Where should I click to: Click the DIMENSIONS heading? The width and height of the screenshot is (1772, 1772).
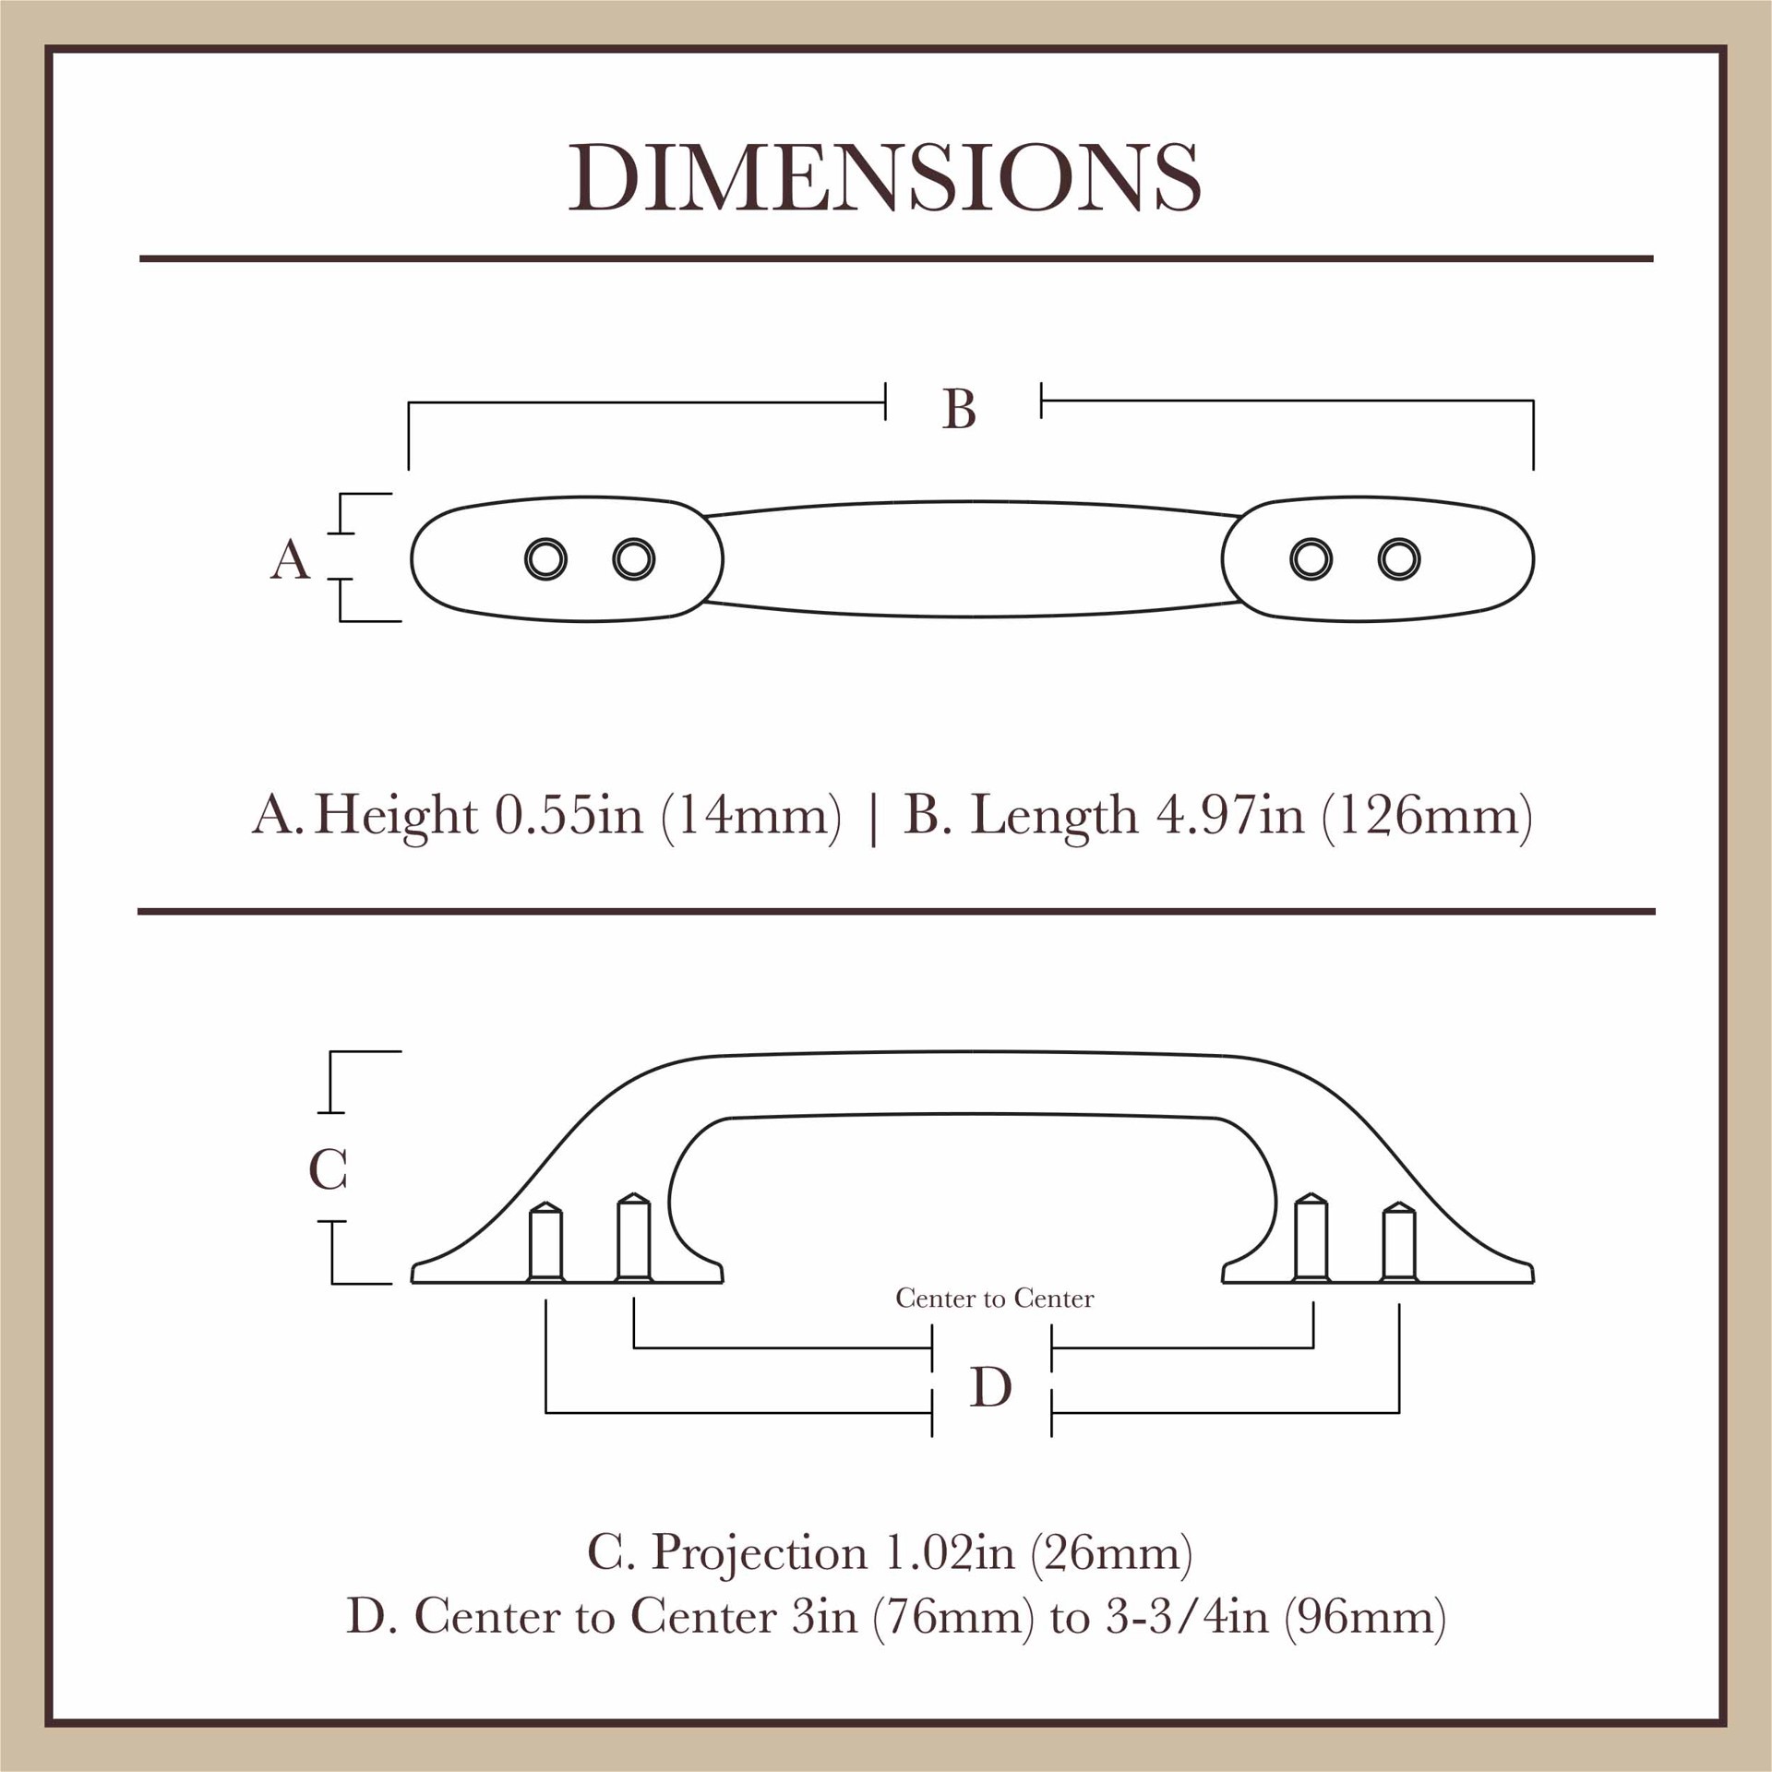[884, 177]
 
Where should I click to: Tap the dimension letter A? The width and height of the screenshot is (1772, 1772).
[290, 559]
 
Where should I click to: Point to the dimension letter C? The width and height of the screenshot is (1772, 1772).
[328, 1169]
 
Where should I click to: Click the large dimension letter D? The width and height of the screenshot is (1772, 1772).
[991, 1386]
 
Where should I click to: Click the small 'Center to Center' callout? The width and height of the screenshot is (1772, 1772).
[994, 1299]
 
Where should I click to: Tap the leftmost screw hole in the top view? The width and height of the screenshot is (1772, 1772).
[545, 559]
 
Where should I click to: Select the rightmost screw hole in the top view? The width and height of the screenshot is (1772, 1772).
[1399, 559]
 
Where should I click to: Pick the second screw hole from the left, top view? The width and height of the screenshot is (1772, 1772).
[633, 559]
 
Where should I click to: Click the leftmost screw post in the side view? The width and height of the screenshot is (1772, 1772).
[545, 1242]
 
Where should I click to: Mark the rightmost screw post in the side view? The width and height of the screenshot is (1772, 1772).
[1399, 1242]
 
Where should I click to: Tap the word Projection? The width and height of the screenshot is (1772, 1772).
[760, 1552]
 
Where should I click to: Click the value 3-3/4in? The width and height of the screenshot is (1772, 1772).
[1187, 1617]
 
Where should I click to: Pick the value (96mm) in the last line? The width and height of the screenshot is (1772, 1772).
[1365, 1617]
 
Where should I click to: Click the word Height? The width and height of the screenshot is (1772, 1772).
[395, 815]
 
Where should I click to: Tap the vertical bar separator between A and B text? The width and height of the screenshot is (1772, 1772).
[873, 818]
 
